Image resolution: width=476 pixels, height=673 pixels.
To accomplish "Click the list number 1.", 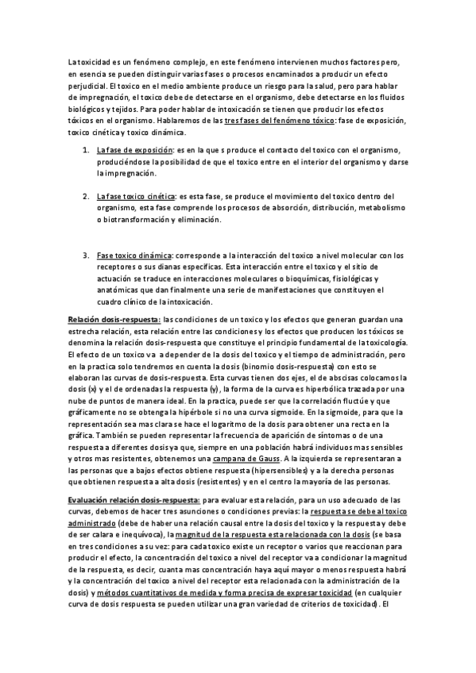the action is tap(86, 150).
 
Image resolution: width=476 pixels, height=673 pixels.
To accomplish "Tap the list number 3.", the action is tap(86, 255).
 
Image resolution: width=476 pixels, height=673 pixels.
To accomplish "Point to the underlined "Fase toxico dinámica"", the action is tap(134, 255).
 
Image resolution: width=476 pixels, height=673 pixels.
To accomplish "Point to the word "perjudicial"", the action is tap(87, 85).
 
